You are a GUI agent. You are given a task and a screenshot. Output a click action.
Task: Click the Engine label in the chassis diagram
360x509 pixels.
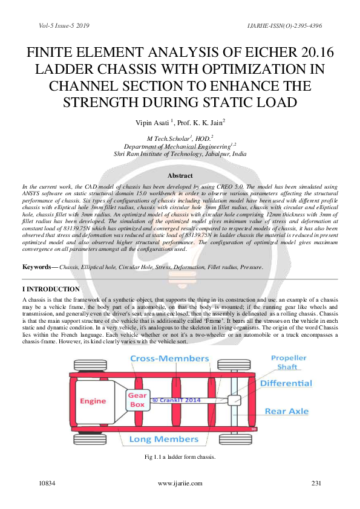(x=93, y=401)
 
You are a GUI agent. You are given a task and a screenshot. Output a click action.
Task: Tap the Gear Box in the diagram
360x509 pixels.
(x=137, y=400)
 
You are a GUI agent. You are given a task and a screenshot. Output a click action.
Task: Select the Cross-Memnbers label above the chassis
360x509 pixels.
(x=170, y=359)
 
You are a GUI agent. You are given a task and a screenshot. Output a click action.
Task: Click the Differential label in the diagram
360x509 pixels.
(x=286, y=383)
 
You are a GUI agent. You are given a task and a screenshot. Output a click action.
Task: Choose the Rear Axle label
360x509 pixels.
(x=286, y=412)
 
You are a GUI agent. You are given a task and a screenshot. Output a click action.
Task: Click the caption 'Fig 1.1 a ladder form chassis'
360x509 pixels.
(x=180, y=456)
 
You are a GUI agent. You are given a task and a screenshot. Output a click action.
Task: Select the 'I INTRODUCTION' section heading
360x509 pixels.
(x=51, y=290)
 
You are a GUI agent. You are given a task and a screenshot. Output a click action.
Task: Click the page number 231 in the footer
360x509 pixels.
(x=316, y=484)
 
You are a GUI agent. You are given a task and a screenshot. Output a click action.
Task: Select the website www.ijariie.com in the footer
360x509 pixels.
(x=179, y=484)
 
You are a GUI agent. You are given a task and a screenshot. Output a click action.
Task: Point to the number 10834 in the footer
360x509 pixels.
(x=47, y=484)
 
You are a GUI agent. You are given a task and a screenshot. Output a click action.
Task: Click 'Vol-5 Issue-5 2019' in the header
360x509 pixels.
(x=64, y=26)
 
